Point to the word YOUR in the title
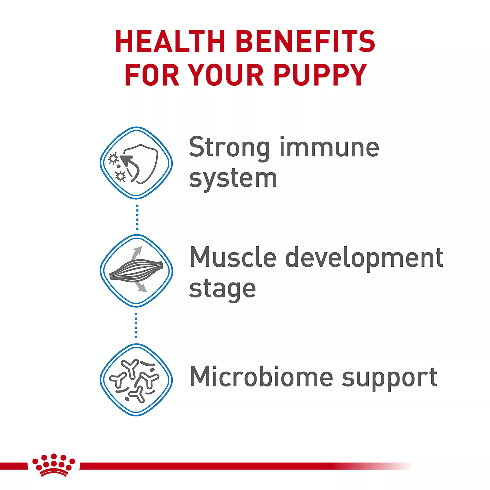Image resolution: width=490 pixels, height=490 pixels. point(227,75)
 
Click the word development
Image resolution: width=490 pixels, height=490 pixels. point(364,259)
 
